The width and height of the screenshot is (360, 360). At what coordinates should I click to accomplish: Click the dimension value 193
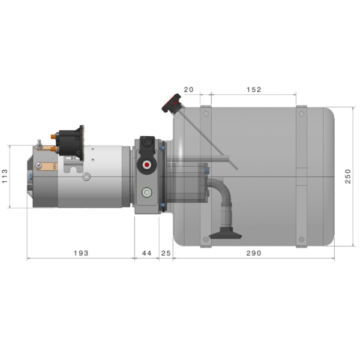80,253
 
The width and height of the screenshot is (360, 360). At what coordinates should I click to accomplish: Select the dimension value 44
146,253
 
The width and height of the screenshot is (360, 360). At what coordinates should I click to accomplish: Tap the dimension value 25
166,253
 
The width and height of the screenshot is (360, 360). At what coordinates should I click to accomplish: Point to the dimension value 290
254,253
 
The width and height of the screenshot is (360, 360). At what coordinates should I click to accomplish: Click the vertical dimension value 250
349,176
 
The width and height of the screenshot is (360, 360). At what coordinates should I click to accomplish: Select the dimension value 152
254,90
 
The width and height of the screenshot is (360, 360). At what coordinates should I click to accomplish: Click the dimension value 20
188,90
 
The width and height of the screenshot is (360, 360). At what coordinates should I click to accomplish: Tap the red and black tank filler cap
170,104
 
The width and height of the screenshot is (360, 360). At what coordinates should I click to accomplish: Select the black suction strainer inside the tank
225,235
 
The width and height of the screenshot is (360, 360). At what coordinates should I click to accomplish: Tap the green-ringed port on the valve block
146,192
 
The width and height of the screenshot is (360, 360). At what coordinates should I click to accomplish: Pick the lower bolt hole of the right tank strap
301,240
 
